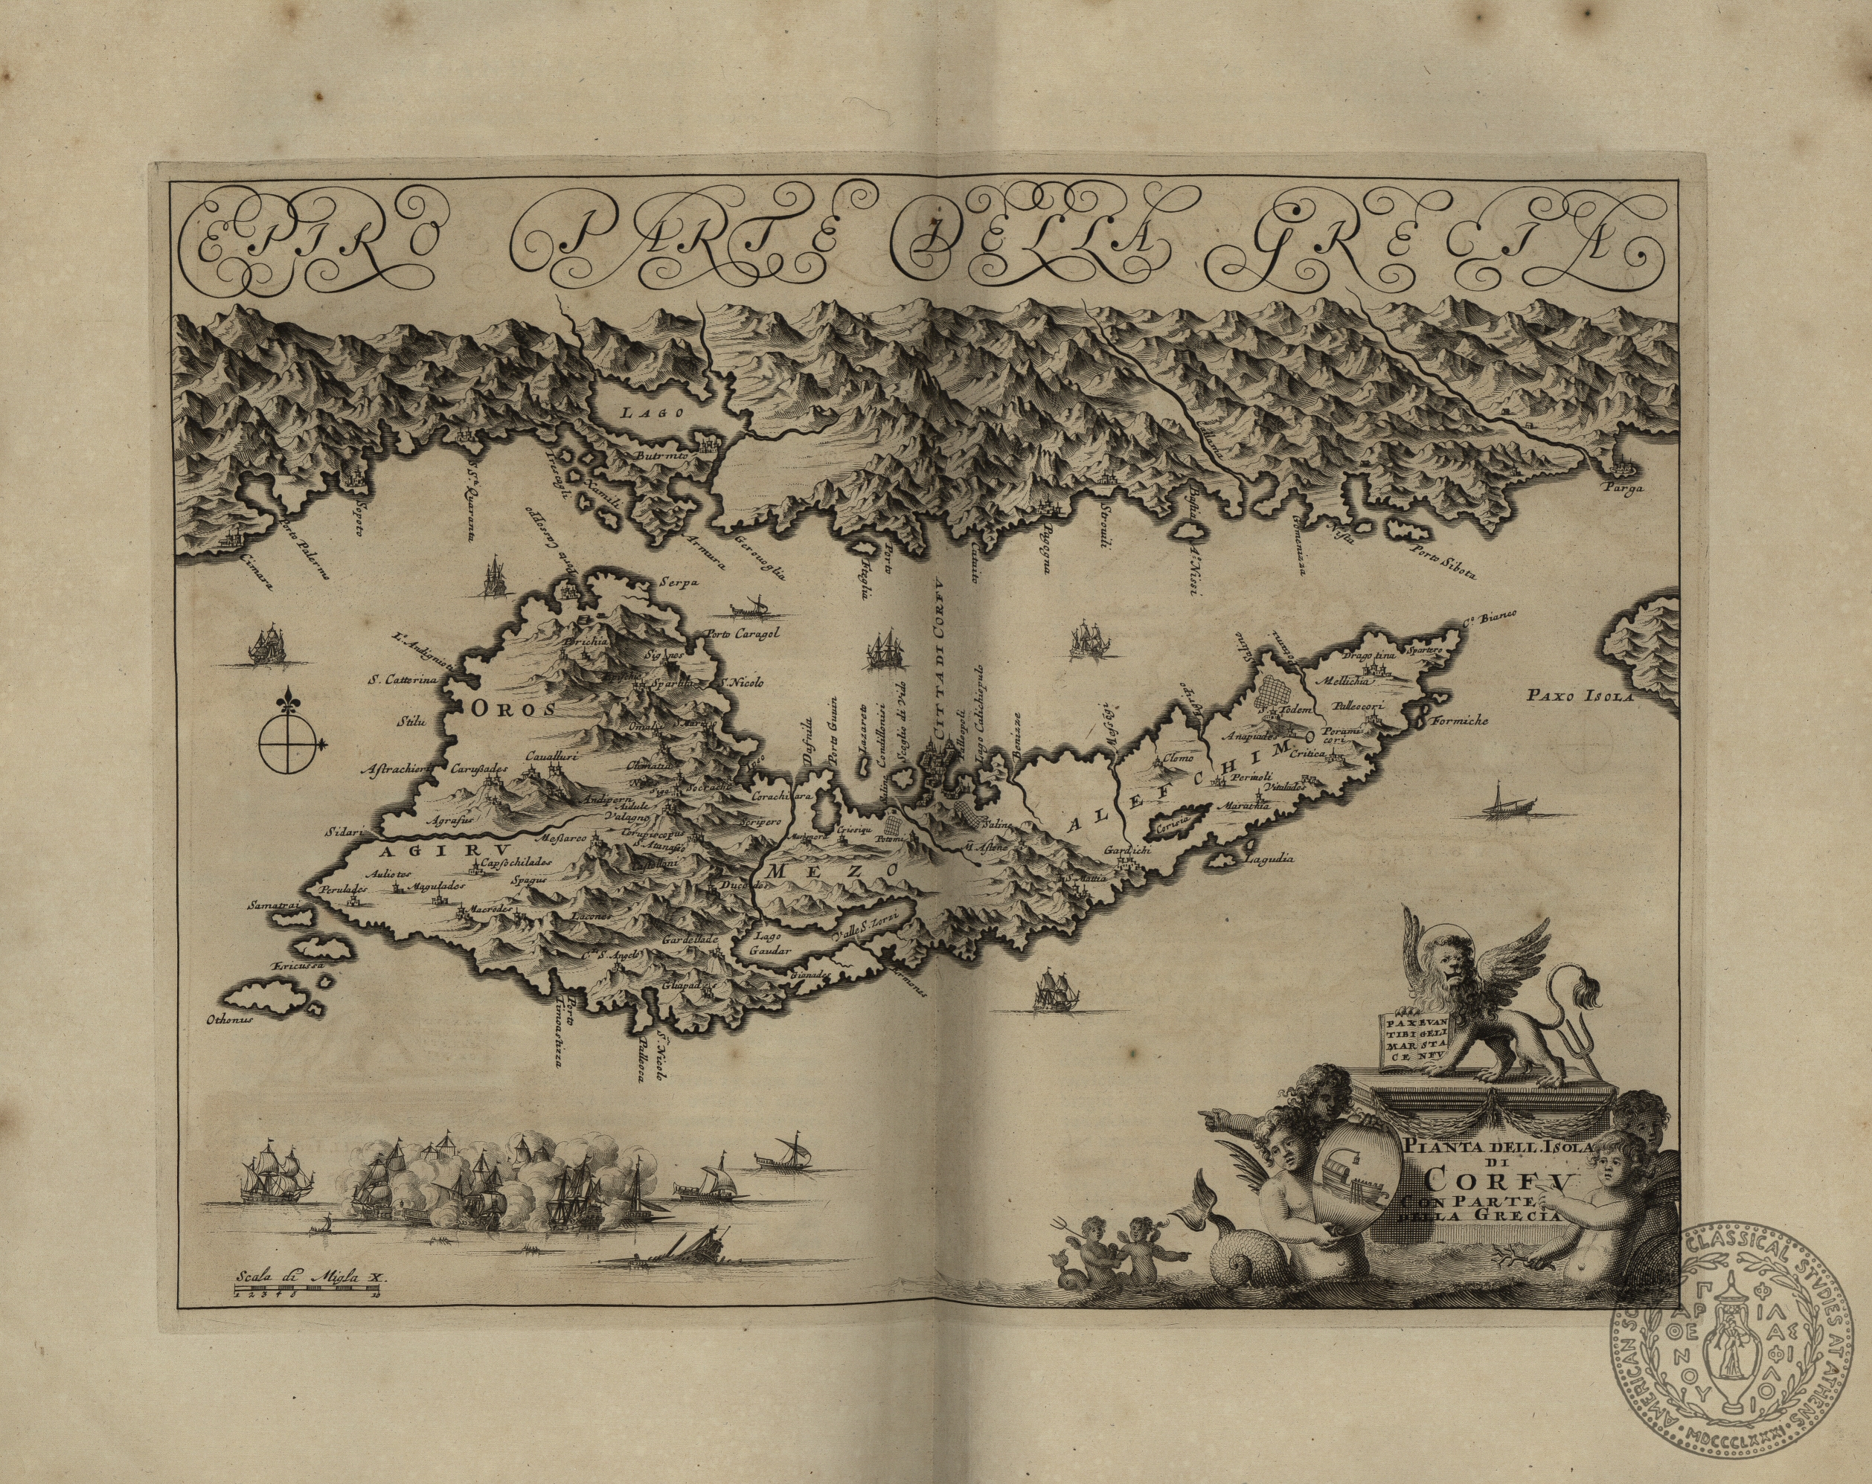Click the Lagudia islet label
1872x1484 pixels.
(x=1269, y=860)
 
